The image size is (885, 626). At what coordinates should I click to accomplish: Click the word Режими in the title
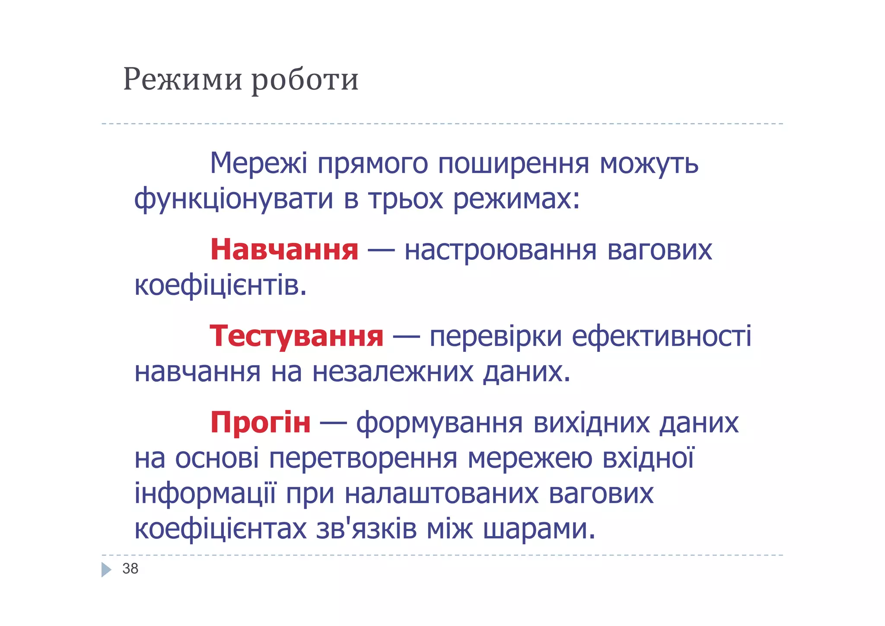coord(182,80)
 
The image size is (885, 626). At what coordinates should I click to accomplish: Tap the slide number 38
coord(130,569)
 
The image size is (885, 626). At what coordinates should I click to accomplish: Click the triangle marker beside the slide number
coord(106,569)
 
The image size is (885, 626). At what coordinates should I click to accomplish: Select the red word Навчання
coord(284,250)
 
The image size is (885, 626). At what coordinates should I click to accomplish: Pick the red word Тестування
coord(296,336)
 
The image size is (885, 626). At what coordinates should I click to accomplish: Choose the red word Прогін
coord(260,422)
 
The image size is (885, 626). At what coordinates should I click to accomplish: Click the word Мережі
coord(258,163)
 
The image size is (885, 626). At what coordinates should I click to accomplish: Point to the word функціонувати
coord(233,199)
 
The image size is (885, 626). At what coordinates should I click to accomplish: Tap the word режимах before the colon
coord(512,199)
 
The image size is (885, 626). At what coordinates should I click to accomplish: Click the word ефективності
coord(662,336)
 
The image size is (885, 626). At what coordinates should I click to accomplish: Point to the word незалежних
coord(392,372)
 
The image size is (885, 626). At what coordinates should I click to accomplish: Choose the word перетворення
coord(363,458)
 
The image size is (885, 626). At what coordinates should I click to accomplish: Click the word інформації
coord(204,494)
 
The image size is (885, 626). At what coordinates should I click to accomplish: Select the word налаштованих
coord(442,494)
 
